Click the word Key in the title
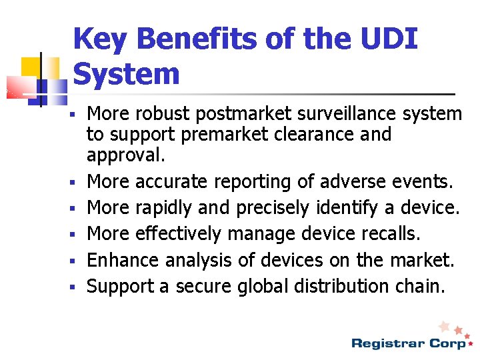(101, 39)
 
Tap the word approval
(125, 157)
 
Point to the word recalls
(398, 233)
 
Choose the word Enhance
(120, 260)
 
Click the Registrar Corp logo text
(408, 343)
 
